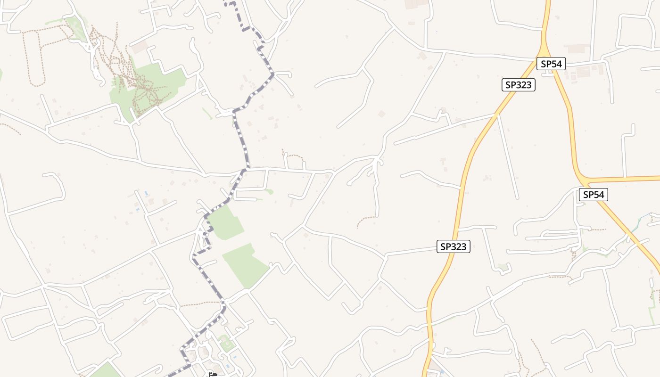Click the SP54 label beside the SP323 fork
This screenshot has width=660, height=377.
point(551,64)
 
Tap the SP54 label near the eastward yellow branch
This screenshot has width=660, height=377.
point(593,194)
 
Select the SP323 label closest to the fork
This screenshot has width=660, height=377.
point(518,85)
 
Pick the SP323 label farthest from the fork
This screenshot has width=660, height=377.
point(453,246)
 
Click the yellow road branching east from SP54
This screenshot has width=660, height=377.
point(627,179)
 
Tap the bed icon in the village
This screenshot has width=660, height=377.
point(213,375)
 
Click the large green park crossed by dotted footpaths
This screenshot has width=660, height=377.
point(146,87)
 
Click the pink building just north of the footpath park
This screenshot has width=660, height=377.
point(139,47)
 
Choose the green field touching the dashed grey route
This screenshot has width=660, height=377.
point(226,221)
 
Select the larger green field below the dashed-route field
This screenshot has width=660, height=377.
point(245,264)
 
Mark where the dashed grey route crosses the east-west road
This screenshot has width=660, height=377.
point(246,169)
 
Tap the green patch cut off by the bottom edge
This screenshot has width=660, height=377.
point(106,371)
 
